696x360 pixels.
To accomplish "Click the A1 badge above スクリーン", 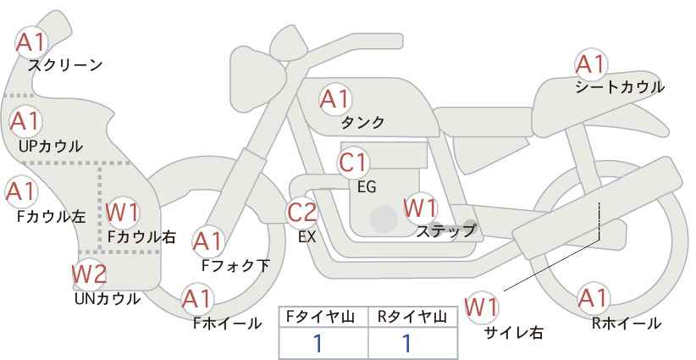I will coord(32,41).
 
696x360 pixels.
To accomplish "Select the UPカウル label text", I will coord(50,146).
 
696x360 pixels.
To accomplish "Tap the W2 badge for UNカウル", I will coord(89,274).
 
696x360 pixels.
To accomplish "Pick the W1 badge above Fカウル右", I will coord(124,212).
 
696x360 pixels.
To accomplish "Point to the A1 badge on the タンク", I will coord(334,99).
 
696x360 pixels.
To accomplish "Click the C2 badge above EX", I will coord(302,213).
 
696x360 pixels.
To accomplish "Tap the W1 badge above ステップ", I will coord(420,208).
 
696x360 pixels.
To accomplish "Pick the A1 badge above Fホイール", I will coord(197,298).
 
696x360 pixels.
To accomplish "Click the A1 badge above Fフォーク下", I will coord(207,241).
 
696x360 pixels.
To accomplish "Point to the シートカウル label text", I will coord(619,86).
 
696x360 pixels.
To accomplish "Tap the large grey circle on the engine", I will coord(384,219).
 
